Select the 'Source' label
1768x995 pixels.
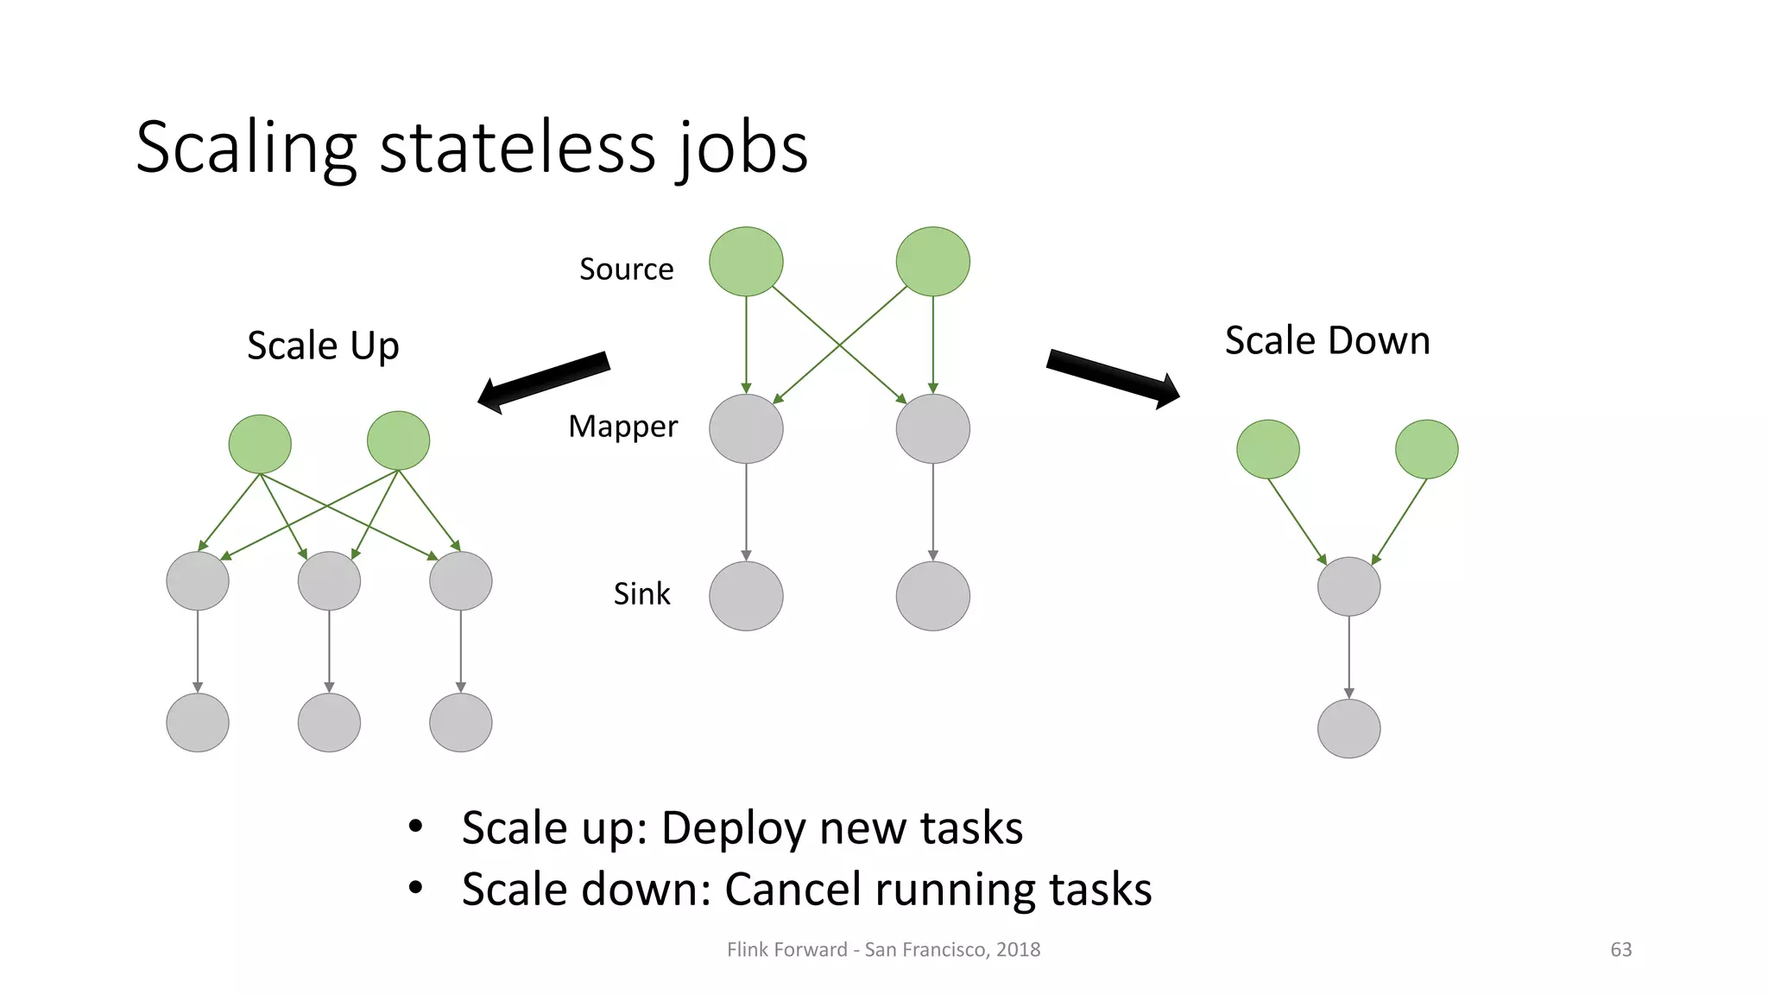(626, 269)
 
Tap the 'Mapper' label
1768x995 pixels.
(622, 427)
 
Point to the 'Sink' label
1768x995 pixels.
(641, 594)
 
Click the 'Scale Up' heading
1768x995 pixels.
(323, 345)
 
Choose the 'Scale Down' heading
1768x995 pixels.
(1327, 340)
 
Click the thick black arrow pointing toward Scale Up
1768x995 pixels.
(544, 381)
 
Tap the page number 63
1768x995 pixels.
(1620, 949)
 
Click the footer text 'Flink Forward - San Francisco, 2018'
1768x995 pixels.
(883, 949)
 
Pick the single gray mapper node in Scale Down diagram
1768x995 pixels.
(1348, 586)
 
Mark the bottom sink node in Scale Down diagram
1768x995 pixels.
(1348, 728)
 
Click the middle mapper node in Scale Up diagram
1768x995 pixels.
(329, 580)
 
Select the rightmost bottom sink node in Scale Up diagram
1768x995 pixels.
(460, 722)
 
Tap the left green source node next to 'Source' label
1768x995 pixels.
(746, 262)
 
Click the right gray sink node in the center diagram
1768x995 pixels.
(932, 596)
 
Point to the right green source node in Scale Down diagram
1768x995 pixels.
(1426, 449)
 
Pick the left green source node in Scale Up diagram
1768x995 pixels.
(260, 444)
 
